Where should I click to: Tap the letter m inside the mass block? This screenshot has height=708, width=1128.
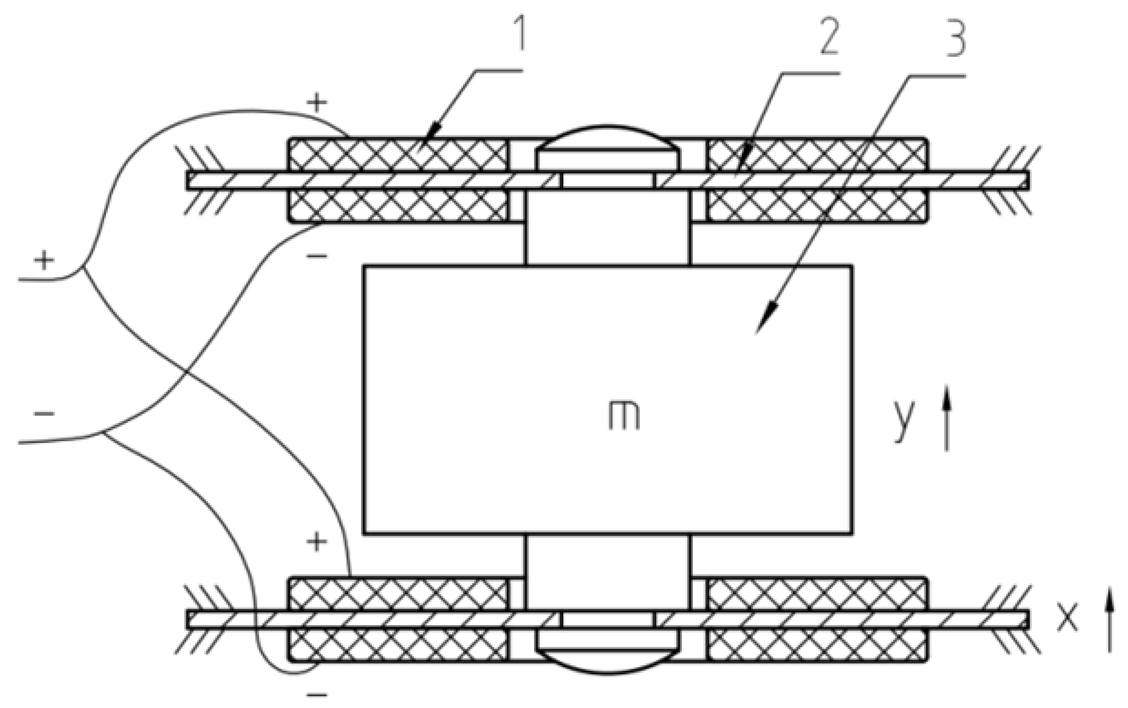point(624,416)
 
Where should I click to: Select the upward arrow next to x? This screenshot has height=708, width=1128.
point(1109,620)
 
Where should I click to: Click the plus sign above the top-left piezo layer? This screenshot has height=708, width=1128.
point(317,102)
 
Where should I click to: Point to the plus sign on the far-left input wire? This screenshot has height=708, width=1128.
point(44,260)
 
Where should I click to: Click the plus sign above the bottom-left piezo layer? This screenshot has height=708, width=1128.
point(317,542)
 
